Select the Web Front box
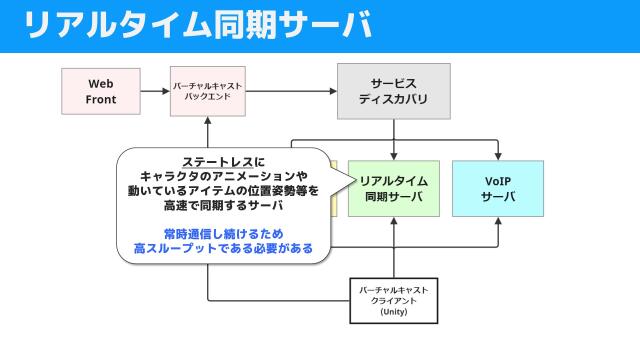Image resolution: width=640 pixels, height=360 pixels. coord(102,91)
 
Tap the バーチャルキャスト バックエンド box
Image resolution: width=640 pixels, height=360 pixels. coord(208,91)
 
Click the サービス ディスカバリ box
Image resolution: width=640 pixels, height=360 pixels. coord(393,91)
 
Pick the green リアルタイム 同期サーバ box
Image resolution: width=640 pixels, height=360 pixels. coord(394,188)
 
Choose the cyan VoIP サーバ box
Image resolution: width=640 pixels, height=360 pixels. coord(498,188)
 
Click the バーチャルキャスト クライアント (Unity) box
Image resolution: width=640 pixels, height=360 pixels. coord(393,300)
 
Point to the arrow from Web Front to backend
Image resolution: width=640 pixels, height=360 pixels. coord(156,91)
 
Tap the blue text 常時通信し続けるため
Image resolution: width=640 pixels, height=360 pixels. coord(223,233)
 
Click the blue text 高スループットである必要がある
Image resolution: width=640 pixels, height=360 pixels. coord(223,248)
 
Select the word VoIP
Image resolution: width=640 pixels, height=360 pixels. coord(498,180)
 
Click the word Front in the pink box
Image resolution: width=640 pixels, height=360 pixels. coord(102,100)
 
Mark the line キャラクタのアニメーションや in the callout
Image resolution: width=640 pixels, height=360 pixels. coord(223,177)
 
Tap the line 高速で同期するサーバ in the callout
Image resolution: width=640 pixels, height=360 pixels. coord(223,206)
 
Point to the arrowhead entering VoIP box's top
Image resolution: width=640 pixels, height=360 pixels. coord(498,155)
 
